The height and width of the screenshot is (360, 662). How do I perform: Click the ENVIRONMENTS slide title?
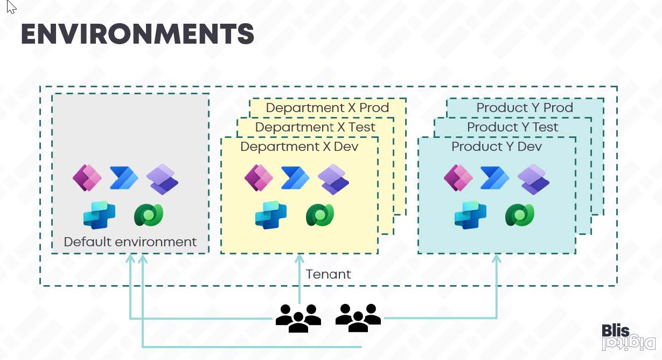click(137, 34)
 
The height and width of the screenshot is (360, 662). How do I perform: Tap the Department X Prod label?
click(327, 108)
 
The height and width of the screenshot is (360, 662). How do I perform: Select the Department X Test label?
click(315, 127)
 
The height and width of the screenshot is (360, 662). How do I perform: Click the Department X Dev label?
click(299, 147)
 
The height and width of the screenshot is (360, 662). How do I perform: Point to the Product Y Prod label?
click(524, 108)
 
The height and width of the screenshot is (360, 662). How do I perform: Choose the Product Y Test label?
click(512, 127)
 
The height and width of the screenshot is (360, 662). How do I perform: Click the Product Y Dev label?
click(496, 147)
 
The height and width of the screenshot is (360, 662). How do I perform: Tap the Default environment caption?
click(130, 242)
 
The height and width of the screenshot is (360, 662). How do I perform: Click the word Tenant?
click(328, 274)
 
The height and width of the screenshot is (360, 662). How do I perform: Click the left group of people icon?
click(298, 317)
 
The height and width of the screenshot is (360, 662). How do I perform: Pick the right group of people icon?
click(358, 317)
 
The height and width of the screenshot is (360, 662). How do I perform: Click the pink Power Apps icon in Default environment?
click(87, 178)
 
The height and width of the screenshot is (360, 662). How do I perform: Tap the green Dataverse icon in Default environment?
click(148, 215)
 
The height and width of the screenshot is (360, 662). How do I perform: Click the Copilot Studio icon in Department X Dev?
click(270, 215)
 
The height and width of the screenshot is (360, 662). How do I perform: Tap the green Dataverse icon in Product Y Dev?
click(519, 215)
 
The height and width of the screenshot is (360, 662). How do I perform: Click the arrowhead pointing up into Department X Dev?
click(299, 259)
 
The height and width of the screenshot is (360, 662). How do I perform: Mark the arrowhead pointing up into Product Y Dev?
click(497, 259)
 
